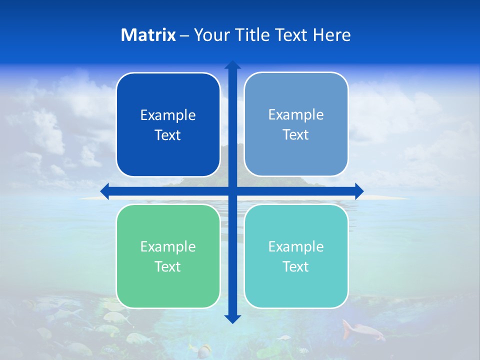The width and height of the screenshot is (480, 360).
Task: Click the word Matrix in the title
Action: click(x=148, y=35)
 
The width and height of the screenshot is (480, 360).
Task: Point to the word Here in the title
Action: click(x=332, y=35)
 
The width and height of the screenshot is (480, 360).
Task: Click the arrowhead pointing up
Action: click(x=232, y=65)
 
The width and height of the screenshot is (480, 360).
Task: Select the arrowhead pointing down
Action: click(x=232, y=319)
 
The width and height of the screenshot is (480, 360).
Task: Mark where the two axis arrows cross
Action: click(x=232, y=191)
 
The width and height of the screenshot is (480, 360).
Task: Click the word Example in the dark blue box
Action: click(x=168, y=115)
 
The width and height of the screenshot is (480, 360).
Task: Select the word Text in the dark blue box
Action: click(x=168, y=135)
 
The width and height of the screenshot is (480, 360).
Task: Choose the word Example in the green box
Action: click(x=168, y=246)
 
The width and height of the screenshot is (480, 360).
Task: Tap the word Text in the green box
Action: click(x=168, y=266)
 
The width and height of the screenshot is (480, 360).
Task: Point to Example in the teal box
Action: click(x=296, y=246)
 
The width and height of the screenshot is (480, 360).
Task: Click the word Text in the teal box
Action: click(x=296, y=266)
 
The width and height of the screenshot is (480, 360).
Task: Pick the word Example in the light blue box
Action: click(x=296, y=114)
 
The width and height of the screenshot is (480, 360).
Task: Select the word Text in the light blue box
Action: click(x=296, y=134)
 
